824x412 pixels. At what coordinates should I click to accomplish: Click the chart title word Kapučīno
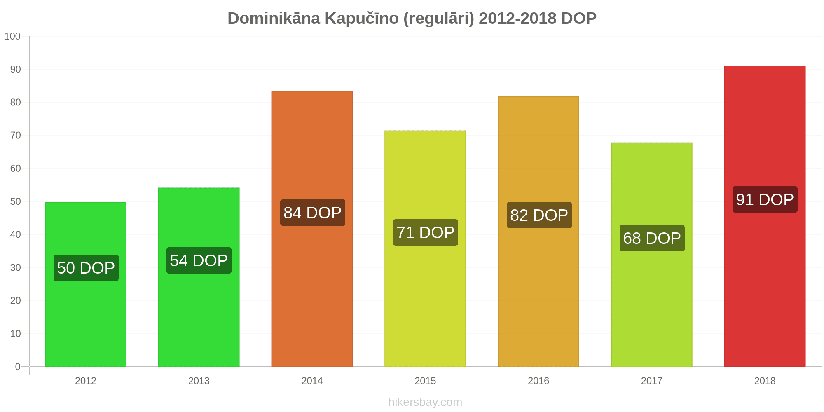click(362, 19)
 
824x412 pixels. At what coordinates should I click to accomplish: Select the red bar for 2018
click(765, 216)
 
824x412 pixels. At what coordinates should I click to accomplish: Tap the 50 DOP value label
click(86, 268)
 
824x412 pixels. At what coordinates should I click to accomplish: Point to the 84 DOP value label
click(312, 213)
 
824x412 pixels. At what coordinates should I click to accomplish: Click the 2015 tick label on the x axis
click(425, 381)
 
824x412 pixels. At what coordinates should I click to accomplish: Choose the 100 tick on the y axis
click(12, 36)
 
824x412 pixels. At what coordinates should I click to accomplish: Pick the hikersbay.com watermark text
click(425, 402)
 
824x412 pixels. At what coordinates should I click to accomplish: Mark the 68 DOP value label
click(652, 238)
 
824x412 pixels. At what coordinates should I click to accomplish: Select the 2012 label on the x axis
click(86, 381)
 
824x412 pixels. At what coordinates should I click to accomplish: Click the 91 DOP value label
click(765, 199)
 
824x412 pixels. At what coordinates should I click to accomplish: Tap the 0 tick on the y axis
click(18, 367)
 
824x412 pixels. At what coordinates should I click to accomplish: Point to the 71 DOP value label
click(425, 232)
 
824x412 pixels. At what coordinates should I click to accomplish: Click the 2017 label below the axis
click(652, 381)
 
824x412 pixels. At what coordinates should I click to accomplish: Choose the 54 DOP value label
click(199, 260)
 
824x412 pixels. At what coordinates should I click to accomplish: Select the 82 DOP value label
click(539, 215)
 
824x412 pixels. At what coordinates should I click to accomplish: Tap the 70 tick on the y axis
click(15, 136)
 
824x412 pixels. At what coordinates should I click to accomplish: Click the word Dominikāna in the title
click(274, 19)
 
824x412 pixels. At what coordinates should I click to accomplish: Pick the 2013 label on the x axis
click(199, 381)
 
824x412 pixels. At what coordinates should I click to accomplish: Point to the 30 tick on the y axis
click(15, 268)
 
